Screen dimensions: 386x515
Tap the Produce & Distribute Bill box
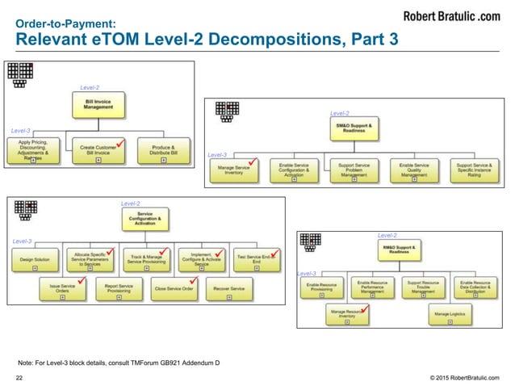[164, 149]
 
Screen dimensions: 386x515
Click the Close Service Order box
[174, 288]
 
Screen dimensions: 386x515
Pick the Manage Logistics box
[451, 313]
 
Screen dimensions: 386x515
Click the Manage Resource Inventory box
[348, 313]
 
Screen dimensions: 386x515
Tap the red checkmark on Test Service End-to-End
[274, 254]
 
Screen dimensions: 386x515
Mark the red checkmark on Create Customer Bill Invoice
[119, 143]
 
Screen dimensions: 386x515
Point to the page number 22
[20, 376]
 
